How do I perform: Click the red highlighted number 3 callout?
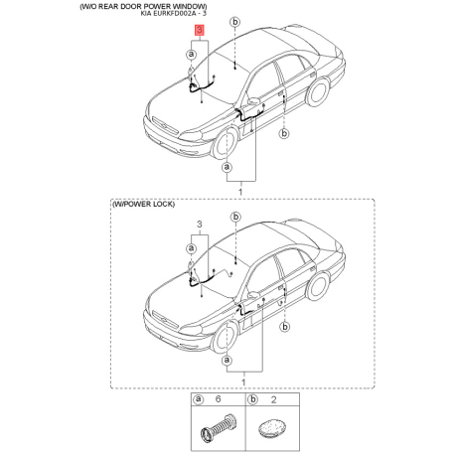tap(200, 30)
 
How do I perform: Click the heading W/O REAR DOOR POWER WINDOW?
tap(144, 7)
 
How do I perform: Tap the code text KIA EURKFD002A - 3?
tap(174, 14)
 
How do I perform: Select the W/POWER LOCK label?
tap(143, 204)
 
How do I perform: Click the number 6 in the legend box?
tap(218, 399)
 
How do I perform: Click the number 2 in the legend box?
tap(273, 399)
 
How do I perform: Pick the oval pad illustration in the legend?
tap(271, 428)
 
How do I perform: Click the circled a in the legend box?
tap(198, 399)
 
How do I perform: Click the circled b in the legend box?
tap(252, 399)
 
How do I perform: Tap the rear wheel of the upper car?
tap(317, 91)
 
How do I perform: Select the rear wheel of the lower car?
tap(317, 286)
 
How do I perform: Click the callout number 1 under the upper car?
tap(240, 192)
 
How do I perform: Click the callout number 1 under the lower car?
tap(243, 382)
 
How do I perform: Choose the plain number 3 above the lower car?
tap(200, 225)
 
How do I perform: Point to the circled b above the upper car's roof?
tap(234, 22)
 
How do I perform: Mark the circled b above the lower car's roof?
tap(235, 217)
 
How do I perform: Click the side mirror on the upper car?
tap(254, 100)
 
